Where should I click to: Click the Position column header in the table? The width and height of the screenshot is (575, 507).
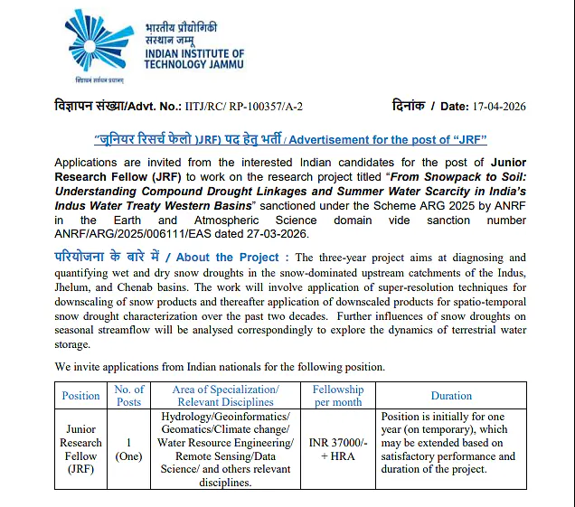pos(81,396)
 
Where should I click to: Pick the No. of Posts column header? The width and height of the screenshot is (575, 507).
pos(129,396)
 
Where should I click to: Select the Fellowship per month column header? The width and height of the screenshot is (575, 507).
pos(337,396)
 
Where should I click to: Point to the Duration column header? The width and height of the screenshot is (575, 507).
pos(451,396)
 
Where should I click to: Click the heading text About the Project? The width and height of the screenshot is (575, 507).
pos(230,258)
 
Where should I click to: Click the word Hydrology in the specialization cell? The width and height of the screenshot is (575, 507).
pos(191,417)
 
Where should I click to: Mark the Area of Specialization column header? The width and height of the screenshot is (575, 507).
pos(225,396)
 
